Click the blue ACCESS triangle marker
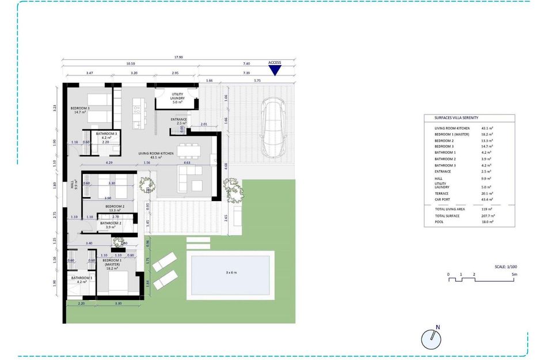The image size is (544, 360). (x=275, y=70)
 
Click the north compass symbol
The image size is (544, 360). (x=431, y=339)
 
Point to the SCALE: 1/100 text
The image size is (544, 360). (x=506, y=267)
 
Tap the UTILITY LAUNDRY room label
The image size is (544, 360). (x=177, y=97)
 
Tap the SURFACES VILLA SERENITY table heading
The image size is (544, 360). (x=456, y=117)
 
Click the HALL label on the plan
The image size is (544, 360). (x=73, y=184)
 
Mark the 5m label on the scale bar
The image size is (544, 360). (x=515, y=274)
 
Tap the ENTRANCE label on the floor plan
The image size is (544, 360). (x=179, y=120)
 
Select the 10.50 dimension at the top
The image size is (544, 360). (x=130, y=64)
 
